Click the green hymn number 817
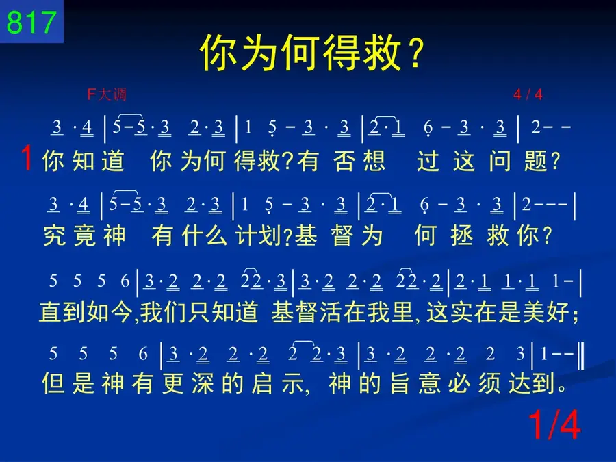coord(31,22)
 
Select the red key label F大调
coord(107,94)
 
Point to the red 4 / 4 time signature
coord(528,94)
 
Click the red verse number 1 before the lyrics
coord(27,158)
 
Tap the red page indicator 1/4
coord(554,425)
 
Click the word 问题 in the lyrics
coord(518,161)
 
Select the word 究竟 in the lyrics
coord(69,235)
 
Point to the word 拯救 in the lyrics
coord(480,235)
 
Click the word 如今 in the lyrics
coord(110,312)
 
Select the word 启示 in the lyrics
coord(277,383)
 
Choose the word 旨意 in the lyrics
coord(415,383)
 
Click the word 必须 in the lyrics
coord(474,383)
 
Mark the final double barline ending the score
coord(581,356)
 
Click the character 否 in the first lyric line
coord(344,161)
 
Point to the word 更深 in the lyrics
coord(188,383)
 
